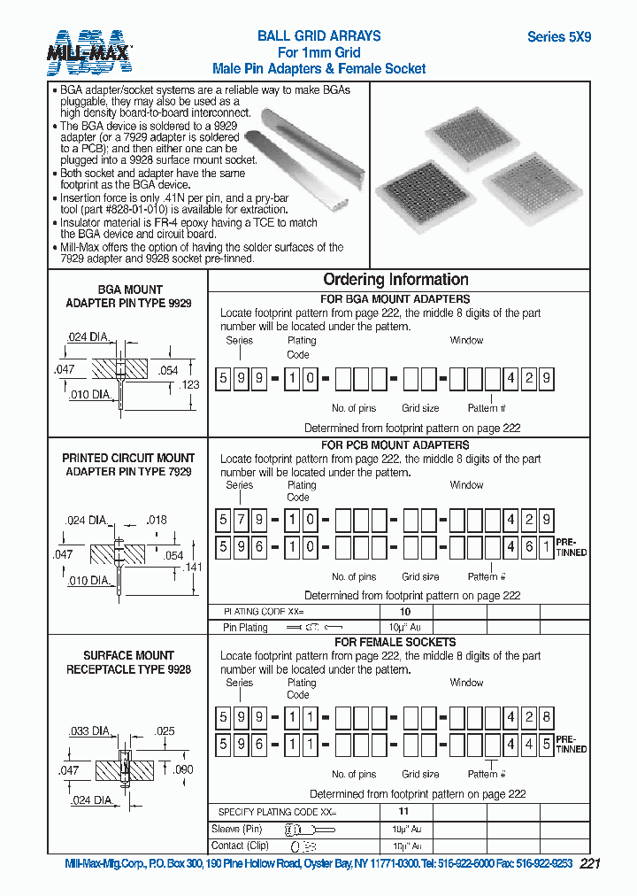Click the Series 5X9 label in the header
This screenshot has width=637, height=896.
pos(558,37)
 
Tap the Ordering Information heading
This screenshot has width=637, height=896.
pos(395,280)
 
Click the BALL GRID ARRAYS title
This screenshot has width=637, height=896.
pos(318,36)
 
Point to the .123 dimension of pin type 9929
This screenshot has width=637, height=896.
pos(189,385)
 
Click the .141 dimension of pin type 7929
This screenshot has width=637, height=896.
pos(193,568)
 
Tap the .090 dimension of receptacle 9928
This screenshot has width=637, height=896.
pos(182,770)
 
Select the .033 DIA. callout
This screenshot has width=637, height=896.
pos(88,731)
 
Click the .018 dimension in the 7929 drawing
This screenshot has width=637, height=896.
pos(156,521)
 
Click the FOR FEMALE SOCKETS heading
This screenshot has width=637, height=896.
pos(395,642)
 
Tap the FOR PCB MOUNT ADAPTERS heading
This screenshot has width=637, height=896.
pos(395,445)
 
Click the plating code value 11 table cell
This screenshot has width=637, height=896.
pos(403,811)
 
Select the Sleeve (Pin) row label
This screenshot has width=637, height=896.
pos(237,830)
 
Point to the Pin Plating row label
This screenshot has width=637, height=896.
pos(246,627)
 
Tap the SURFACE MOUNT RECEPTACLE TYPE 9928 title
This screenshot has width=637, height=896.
pos(128,663)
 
